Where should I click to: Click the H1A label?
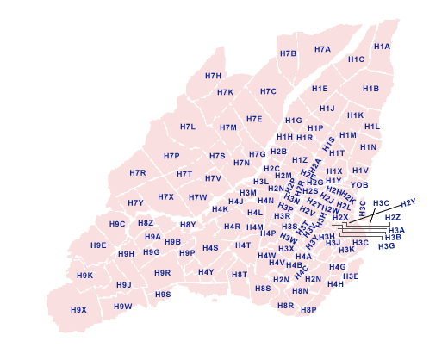pos(382,47)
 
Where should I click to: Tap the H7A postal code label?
pos(322,49)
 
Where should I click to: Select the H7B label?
pos(288,53)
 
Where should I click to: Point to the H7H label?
pos(214,77)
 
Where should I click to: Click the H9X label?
pos(78,309)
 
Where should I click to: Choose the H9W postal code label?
pos(123,306)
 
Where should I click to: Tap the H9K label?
pos(84,276)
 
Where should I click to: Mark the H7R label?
pos(138,173)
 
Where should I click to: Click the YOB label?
pos(359,184)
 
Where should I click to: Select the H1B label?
pos(370,89)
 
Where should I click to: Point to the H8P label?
pos(308,309)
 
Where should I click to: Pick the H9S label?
pos(163,295)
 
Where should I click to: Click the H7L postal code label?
pos(188,127)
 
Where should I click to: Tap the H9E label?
pos(98,245)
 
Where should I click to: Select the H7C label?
pos(268,91)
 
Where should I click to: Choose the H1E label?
pos(320,89)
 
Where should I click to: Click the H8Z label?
pos(146,223)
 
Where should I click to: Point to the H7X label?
pos(165,197)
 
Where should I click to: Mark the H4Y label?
pos(206,272)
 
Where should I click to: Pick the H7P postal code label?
pos(171,156)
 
